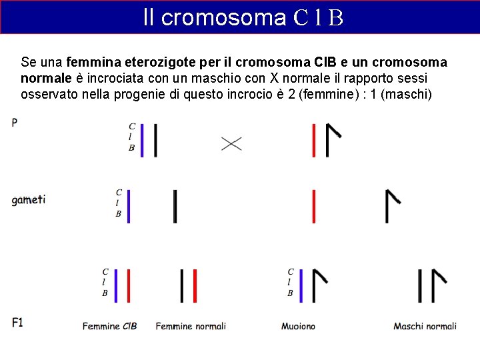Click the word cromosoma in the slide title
tap(223, 17)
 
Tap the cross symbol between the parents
tap(231, 143)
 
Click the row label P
tap(15, 123)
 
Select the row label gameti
tap(28, 200)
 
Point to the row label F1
tap(17, 323)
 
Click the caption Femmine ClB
tap(110, 326)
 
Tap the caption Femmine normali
tap(191, 326)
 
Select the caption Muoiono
tap(298, 326)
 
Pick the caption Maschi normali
tap(425, 326)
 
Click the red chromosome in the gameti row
tap(313, 206)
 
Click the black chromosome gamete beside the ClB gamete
tap(175, 206)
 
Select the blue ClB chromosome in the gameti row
tap(129, 206)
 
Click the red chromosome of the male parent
tap(313, 140)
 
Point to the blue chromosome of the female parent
tap(142, 140)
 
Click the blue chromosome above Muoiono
tap(301, 285)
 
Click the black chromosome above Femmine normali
tap(182, 285)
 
